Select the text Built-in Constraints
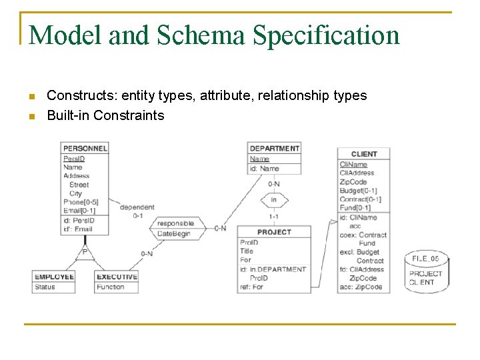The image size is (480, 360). pos(105,115)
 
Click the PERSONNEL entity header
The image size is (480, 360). pos(85,148)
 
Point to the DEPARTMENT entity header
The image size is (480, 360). pos(274,148)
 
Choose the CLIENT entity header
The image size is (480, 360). pos(363,154)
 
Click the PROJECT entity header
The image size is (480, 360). pos(274,232)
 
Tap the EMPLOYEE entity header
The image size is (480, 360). pos(54,277)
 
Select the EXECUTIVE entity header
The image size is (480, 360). pos(117,277)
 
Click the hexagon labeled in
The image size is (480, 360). pos(274,199)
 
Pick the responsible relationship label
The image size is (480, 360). pos(175,223)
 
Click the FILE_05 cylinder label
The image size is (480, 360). pos(425,259)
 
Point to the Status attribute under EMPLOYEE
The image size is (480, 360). pos(45,287)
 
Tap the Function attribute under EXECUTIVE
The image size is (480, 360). pos(110,287)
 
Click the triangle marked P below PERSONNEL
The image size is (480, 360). pos(85,252)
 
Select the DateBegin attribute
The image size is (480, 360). pos(173,233)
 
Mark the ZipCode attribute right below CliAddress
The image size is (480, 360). pos(353,182)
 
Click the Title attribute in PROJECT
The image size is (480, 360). pos(247,251)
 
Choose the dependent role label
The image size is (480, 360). pos(137,207)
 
